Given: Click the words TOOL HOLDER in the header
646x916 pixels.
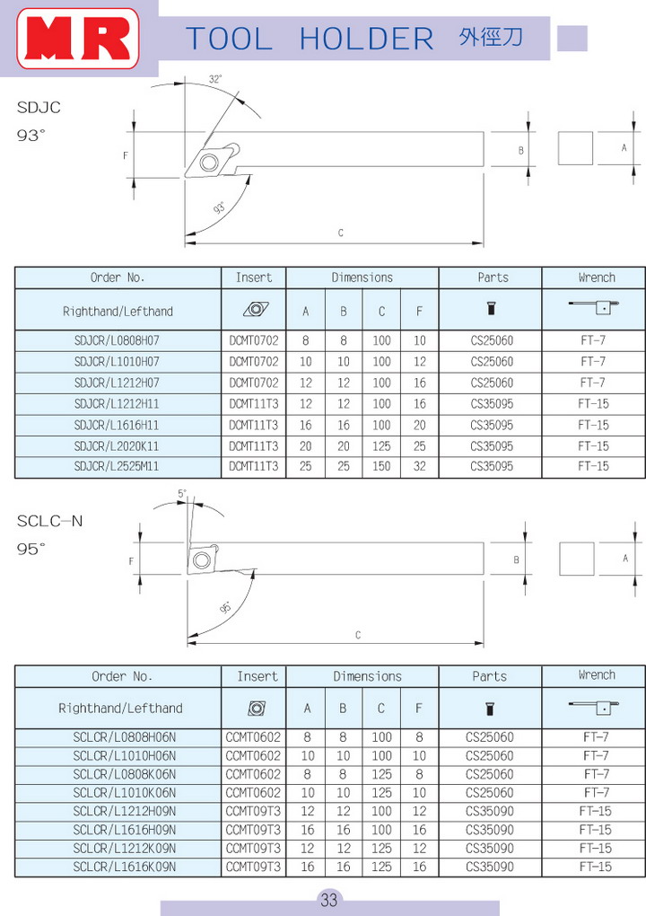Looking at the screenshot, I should (310, 39).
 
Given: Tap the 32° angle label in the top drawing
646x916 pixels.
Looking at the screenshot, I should (215, 79).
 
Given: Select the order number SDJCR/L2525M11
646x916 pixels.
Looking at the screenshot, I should (118, 467).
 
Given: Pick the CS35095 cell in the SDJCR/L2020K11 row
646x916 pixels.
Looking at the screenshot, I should (492, 446).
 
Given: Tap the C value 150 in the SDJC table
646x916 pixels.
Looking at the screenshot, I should (381, 467).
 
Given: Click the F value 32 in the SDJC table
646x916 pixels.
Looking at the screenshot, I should (419, 467).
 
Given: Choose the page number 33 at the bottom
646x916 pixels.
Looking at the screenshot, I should (328, 900).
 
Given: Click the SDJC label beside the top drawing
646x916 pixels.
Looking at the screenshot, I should (39, 109).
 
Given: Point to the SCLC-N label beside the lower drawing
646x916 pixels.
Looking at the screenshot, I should (50, 522).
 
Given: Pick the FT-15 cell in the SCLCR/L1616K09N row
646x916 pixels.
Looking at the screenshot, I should (595, 867).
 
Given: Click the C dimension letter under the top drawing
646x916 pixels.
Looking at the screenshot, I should (341, 233).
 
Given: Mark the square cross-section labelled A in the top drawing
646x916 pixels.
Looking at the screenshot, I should (575, 148).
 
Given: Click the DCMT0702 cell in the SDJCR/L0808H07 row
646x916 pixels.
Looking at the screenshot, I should (254, 341).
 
